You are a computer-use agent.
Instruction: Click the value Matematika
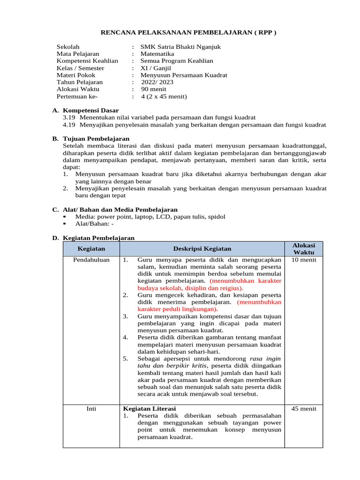pyautogui.click(x=157, y=54)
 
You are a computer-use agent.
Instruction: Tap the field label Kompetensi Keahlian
pyautogui.click(x=87, y=61)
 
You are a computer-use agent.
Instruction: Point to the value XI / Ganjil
pyautogui.click(x=156, y=68)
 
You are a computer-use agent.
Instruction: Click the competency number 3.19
pyautogui.click(x=69, y=117)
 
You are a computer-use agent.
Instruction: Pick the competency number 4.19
pyautogui.click(x=69, y=125)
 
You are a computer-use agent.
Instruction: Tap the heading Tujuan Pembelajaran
pyautogui.click(x=96, y=139)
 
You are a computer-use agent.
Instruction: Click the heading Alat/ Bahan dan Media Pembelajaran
pyautogui.click(x=120, y=210)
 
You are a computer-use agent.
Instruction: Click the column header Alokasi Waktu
pyautogui.click(x=304, y=249)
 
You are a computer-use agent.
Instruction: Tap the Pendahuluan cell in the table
pyautogui.click(x=91, y=260)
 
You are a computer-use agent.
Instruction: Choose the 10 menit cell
pyautogui.click(x=304, y=260)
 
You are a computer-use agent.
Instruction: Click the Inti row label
pyautogui.click(x=91, y=409)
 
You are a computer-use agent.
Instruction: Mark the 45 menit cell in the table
pyautogui.click(x=304, y=409)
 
